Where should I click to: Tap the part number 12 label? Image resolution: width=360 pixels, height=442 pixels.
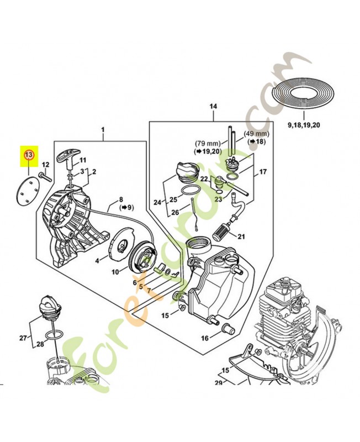coord(46,165)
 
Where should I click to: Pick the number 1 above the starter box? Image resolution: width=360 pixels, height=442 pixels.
coord(102,130)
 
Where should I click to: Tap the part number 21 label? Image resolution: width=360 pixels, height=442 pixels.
coord(240,238)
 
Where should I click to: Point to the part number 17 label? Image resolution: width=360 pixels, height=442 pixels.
coord(263,172)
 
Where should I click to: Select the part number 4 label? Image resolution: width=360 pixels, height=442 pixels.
coord(97,260)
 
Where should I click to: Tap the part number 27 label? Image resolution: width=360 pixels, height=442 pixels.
coord(23,338)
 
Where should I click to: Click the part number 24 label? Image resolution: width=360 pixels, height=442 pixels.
coord(157,203)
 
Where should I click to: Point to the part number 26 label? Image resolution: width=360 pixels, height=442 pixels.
coord(174,212)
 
